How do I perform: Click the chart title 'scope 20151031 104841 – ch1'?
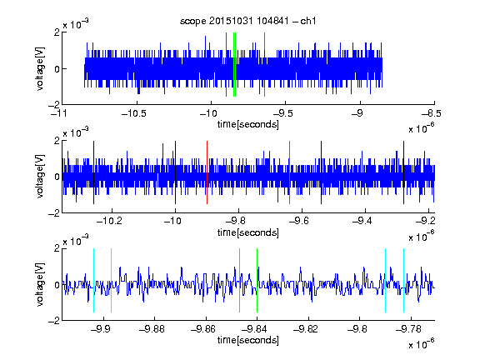pyautogui.click(x=247, y=21)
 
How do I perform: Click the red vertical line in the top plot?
pyautogui.click(x=226, y=65)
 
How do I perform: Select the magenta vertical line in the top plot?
pyautogui.click(x=264, y=65)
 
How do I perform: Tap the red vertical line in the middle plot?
pyautogui.click(x=207, y=172)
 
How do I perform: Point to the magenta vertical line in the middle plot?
pyautogui.click(x=290, y=172)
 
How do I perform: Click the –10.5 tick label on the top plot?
pyautogui.click(x=134, y=114)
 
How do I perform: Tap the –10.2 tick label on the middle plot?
pyautogui.click(x=109, y=221)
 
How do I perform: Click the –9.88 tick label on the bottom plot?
pyautogui.click(x=152, y=329)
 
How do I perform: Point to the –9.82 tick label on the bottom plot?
pyautogui.click(x=306, y=329)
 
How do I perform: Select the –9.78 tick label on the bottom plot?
pyautogui.click(x=408, y=329)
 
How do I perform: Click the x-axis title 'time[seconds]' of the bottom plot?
pyautogui.click(x=248, y=340)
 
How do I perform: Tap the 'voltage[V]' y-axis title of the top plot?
pyautogui.click(x=40, y=68)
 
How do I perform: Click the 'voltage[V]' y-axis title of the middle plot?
pyautogui.click(x=40, y=177)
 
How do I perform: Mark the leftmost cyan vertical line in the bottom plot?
pyautogui.click(x=93, y=280)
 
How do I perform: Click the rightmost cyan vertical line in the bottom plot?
pyautogui.click(x=404, y=280)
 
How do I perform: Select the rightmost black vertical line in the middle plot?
pyautogui.click(x=404, y=172)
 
